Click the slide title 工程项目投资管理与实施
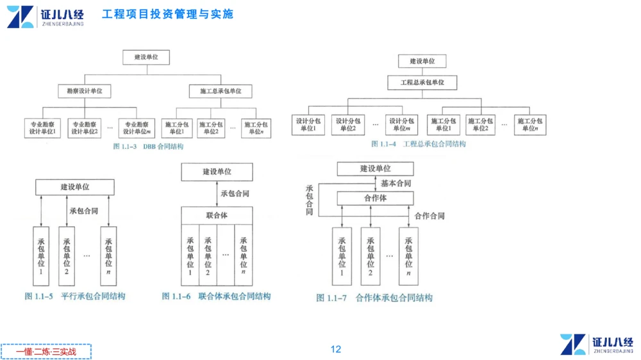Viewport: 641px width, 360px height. [x=167, y=14]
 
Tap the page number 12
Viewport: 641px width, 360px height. [x=336, y=349]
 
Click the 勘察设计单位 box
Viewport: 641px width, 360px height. [x=84, y=92]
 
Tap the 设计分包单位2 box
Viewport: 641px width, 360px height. [x=348, y=125]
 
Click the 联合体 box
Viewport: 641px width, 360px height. [x=217, y=215]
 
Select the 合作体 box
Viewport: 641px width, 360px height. [x=375, y=199]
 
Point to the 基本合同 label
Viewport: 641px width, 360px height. [x=395, y=183]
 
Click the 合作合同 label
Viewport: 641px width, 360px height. [x=429, y=217]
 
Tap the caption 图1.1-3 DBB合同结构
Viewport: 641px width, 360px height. [x=148, y=147]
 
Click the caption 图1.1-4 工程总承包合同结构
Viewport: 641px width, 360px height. [x=419, y=144]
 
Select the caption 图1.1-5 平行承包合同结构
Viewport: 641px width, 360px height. [x=75, y=296]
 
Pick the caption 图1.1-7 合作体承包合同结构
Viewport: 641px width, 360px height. [x=374, y=298]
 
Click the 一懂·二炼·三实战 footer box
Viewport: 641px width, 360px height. [x=46, y=352]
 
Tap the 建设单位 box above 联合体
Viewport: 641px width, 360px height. [x=217, y=172]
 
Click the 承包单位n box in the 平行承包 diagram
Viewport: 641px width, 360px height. [x=108, y=254]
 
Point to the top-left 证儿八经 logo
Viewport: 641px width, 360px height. [x=45, y=17]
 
